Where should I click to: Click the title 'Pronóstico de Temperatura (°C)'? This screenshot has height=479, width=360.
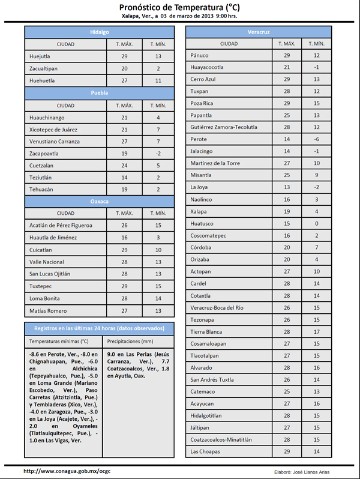click(180, 7)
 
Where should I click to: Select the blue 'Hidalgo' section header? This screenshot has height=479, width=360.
click(99, 32)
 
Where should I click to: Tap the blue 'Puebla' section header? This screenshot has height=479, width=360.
click(99, 93)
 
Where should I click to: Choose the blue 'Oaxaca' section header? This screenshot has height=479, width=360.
click(99, 201)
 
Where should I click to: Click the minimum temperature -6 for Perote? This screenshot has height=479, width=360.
click(316, 139)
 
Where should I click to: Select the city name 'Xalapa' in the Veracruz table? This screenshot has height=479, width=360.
click(199, 211)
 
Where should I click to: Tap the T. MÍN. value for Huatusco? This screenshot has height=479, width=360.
click(316, 223)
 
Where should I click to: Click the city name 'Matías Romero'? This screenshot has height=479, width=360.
click(49, 311)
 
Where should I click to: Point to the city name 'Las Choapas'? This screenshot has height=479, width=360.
click(205, 451)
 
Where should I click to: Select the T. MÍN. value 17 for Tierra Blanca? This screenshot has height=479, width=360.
click(316, 331)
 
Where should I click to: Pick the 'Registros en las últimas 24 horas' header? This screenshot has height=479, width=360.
click(99, 328)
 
